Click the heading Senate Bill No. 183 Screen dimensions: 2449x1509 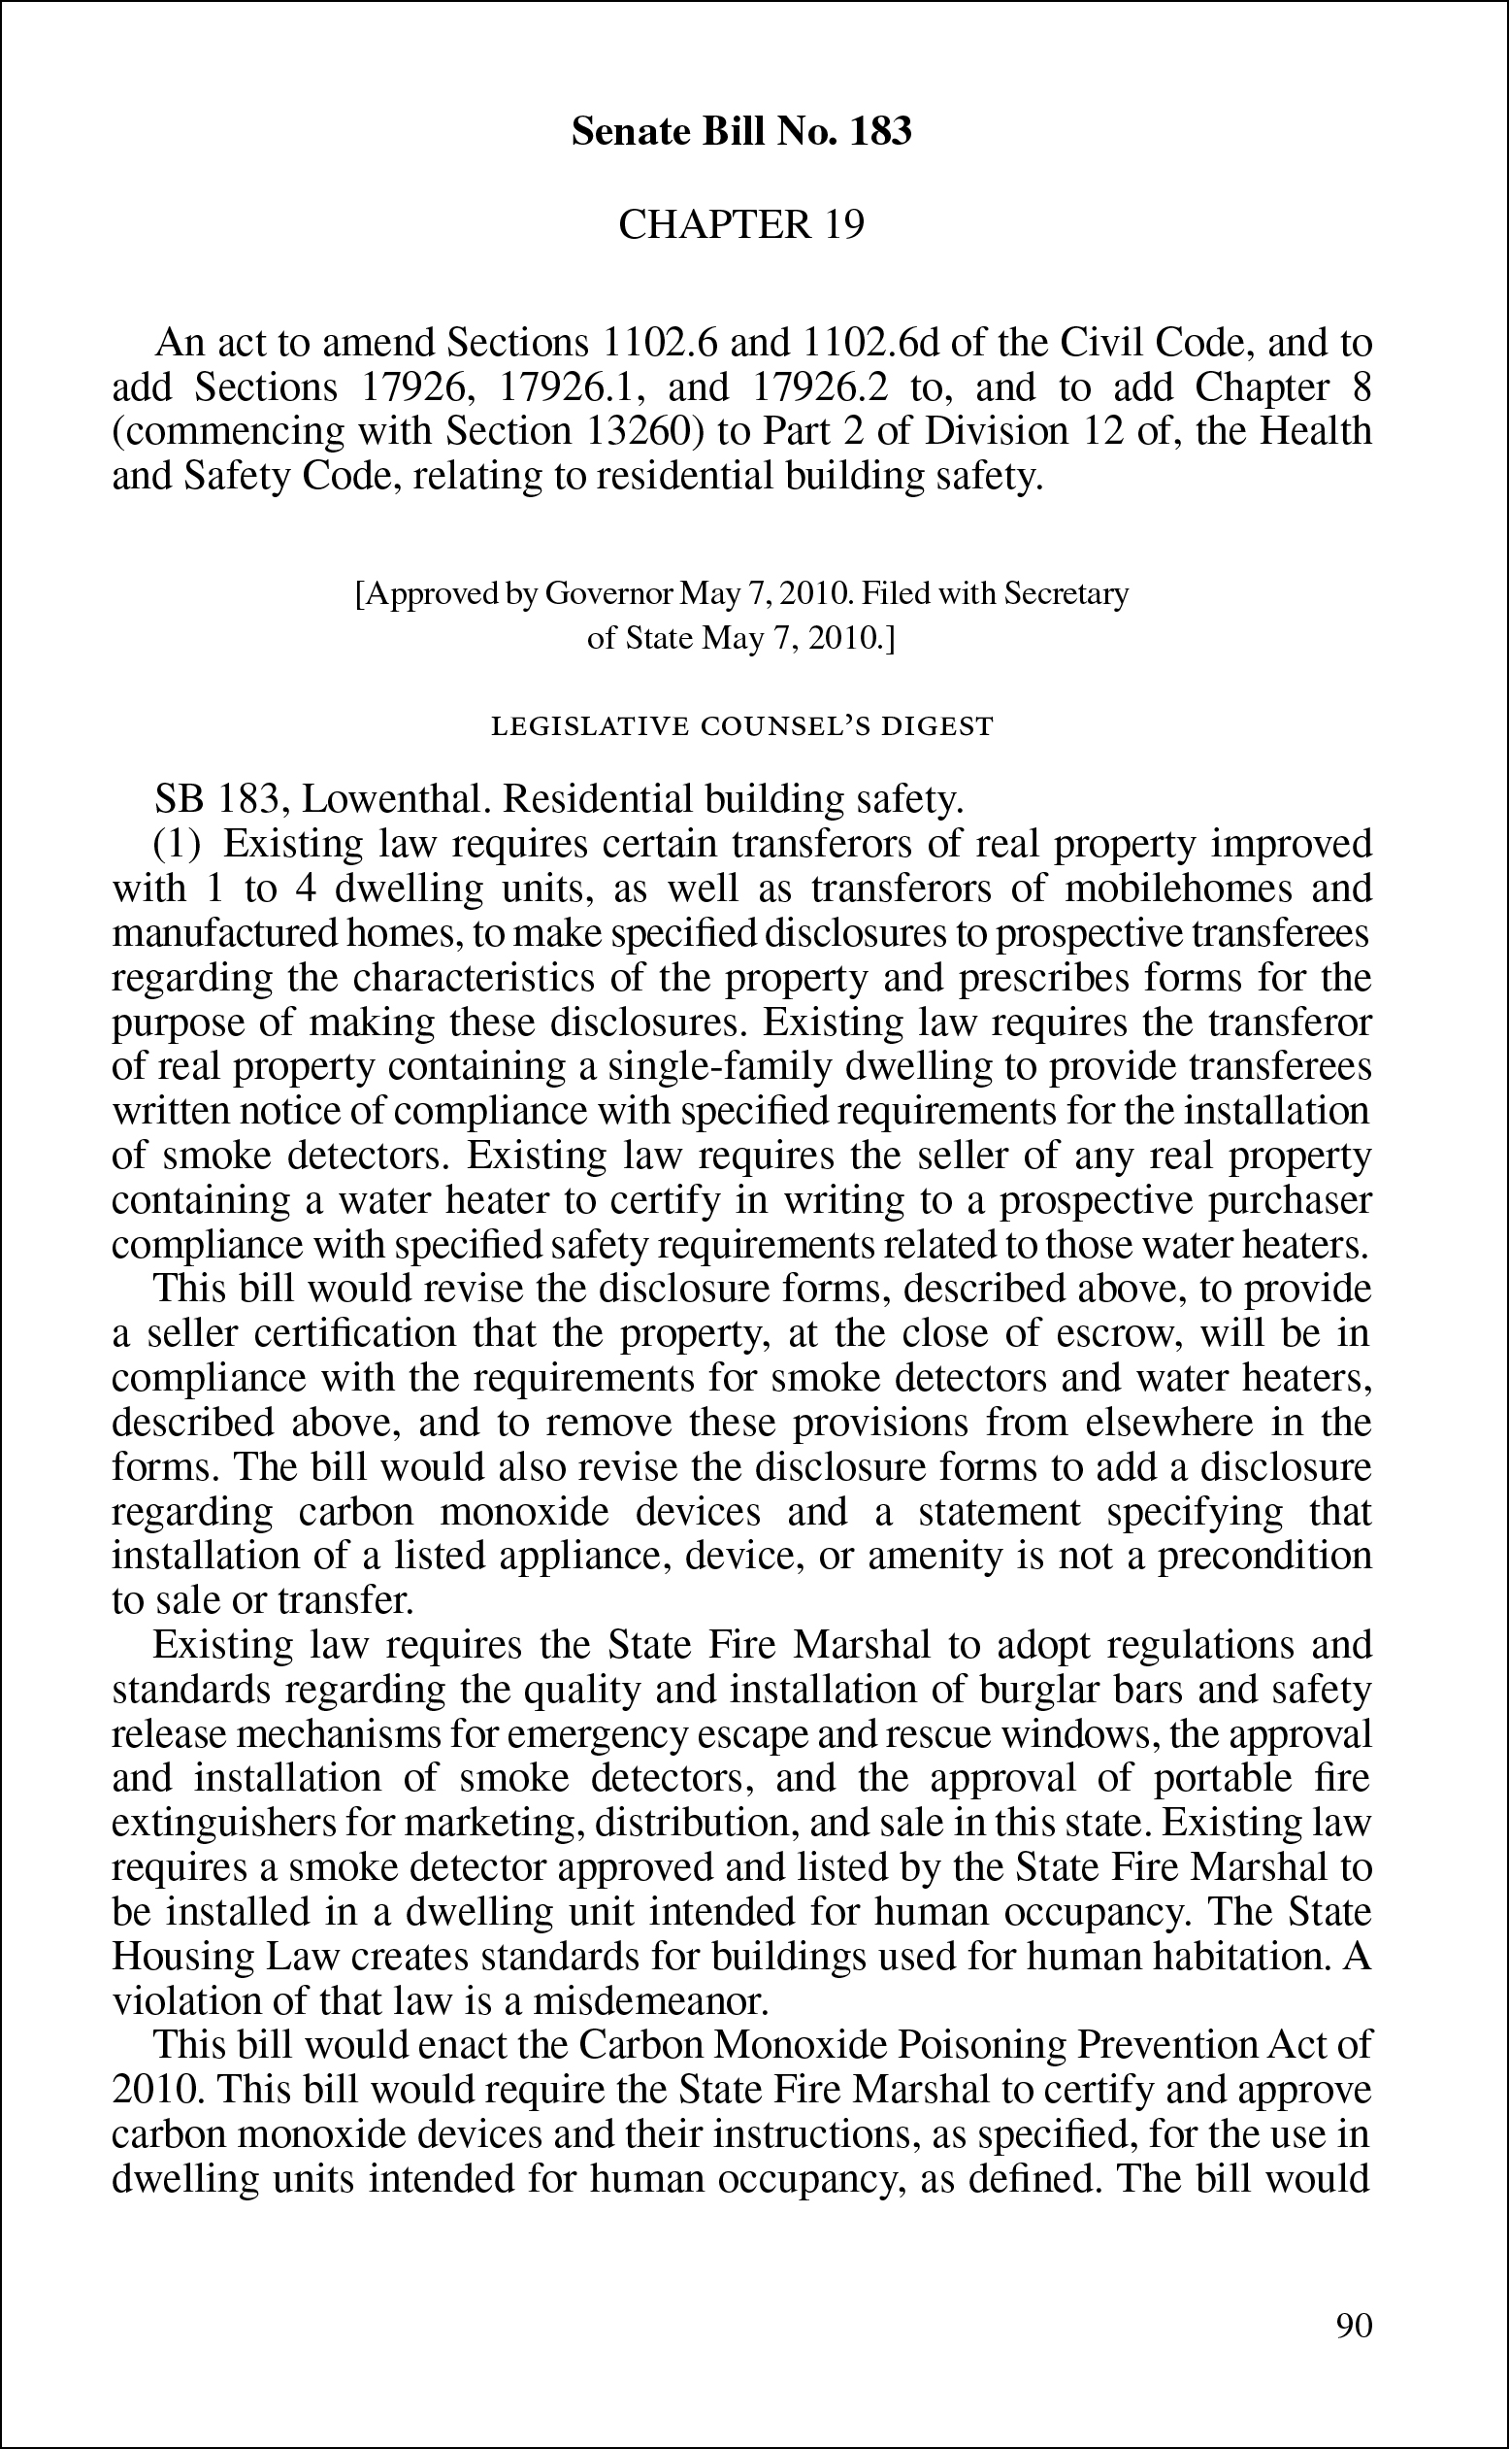tap(740, 132)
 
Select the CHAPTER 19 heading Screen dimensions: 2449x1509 tap(740, 224)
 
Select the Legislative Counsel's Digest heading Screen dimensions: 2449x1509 tap(742, 725)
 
